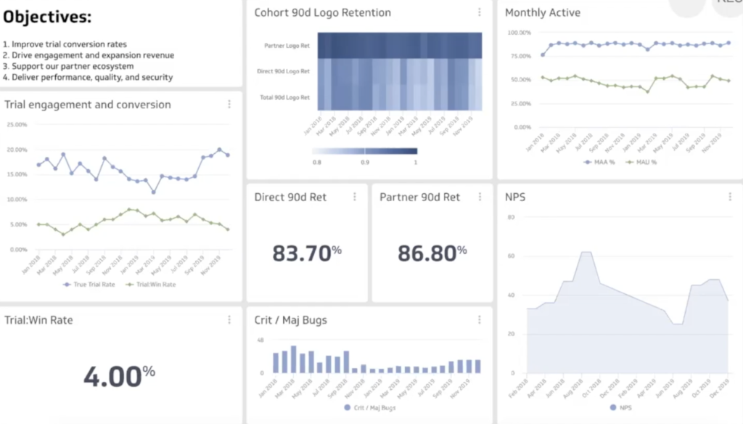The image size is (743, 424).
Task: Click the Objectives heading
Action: [48, 17]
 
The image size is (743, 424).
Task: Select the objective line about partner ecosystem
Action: [68, 66]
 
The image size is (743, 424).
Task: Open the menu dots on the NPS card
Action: [730, 197]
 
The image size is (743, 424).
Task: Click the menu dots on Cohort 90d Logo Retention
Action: [480, 12]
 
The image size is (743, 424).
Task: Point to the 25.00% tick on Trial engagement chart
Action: [16, 124]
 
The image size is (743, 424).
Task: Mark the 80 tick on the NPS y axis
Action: [511, 217]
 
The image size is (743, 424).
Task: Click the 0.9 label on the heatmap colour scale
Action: [364, 162]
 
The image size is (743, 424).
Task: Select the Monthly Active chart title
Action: [543, 12]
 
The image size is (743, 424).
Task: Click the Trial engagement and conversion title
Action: [88, 105]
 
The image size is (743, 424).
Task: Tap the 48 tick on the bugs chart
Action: [260, 340]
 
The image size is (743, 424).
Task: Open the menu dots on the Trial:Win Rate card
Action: [229, 319]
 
